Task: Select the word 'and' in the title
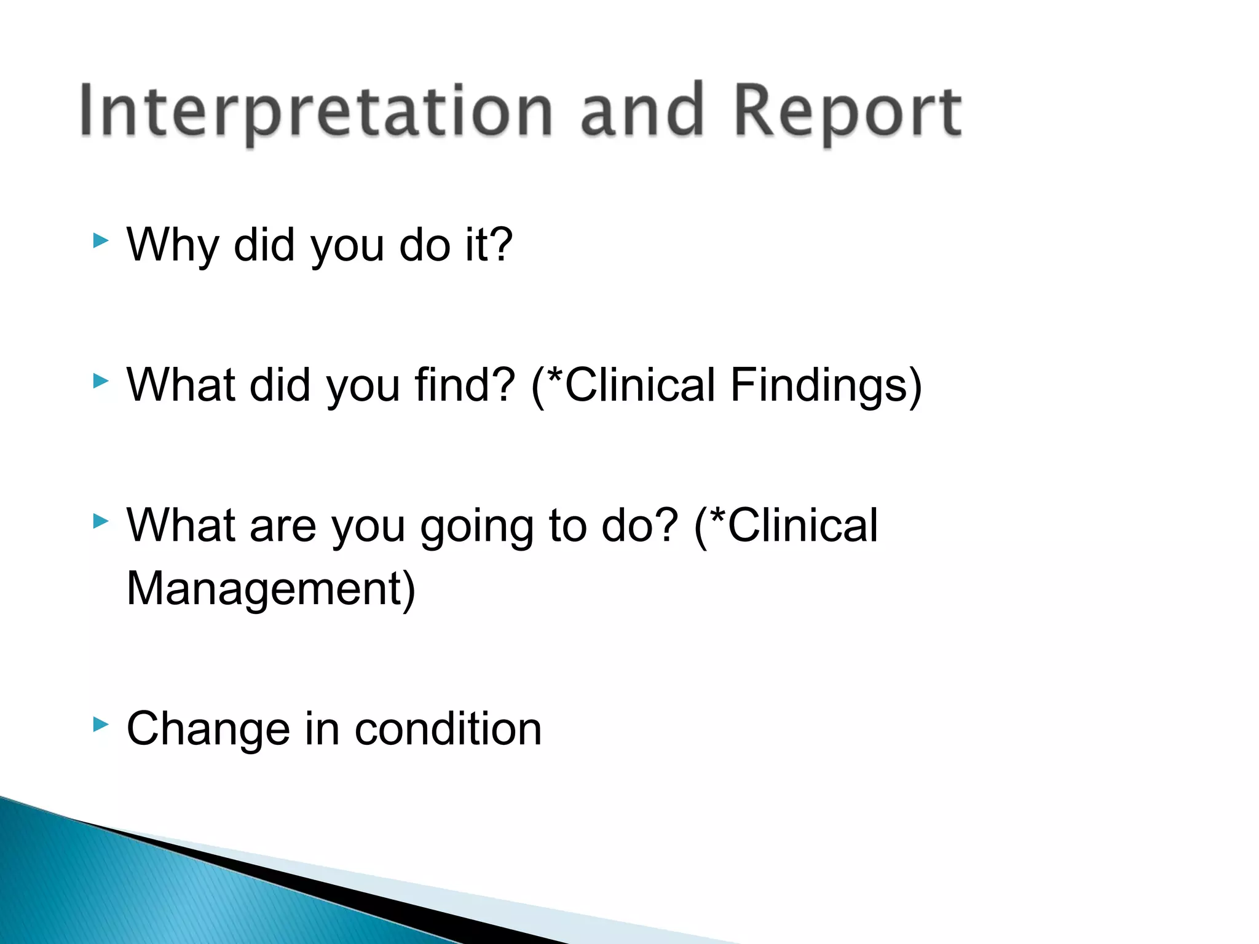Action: (x=642, y=111)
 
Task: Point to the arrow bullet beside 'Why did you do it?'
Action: (x=101, y=241)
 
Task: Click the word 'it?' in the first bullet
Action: (x=489, y=245)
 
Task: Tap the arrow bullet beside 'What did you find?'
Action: (x=101, y=381)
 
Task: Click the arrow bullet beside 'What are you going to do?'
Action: (x=101, y=522)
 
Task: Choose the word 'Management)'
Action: (x=271, y=589)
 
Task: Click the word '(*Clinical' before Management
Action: (x=786, y=525)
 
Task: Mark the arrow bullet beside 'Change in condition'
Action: (x=101, y=725)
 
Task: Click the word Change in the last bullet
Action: (x=208, y=730)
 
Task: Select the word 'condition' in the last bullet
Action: (x=448, y=730)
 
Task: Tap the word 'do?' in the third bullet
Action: (x=639, y=525)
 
